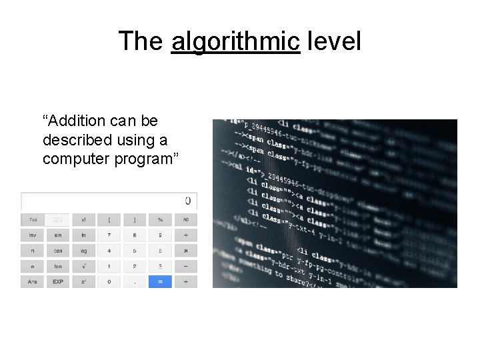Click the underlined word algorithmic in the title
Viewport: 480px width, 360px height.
pyautogui.click(x=235, y=41)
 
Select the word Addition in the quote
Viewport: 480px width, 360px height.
pyautogui.click(x=74, y=121)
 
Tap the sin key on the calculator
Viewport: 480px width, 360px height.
pyautogui.click(x=58, y=235)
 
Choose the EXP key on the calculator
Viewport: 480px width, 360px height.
pyautogui.click(x=58, y=282)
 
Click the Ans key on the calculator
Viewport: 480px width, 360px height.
pyautogui.click(x=32, y=282)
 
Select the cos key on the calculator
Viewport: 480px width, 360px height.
pyautogui.click(x=58, y=251)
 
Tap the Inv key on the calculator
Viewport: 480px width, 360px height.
pyautogui.click(x=32, y=235)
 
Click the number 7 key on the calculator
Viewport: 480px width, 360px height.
pyautogui.click(x=109, y=235)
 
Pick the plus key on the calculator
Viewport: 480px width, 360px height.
pyautogui.click(x=186, y=282)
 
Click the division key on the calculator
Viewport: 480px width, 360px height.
pyautogui.click(x=186, y=235)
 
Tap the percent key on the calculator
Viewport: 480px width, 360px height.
pyautogui.click(x=160, y=219)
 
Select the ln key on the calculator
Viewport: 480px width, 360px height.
pyautogui.click(x=83, y=235)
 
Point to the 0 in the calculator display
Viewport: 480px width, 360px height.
pyautogui.click(x=187, y=201)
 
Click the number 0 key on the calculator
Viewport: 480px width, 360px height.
pyautogui.click(x=109, y=282)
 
